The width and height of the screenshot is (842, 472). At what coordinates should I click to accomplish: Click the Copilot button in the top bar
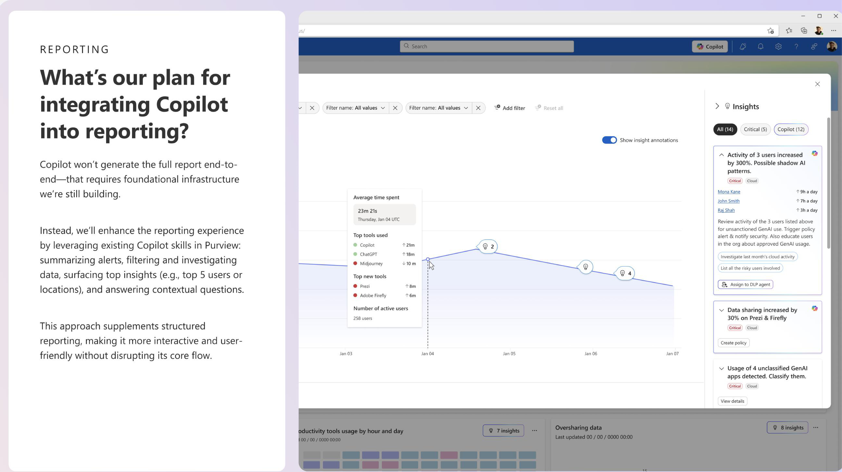[x=710, y=46]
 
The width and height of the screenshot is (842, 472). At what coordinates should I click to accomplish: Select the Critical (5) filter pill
[x=755, y=129]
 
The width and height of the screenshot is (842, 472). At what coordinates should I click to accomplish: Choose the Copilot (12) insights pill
[x=791, y=129]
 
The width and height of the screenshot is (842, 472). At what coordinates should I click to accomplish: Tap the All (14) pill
[x=725, y=129]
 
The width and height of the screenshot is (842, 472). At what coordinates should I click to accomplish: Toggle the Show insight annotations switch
[x=609, y=140]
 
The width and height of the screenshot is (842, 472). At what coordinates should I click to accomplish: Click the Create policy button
[x=733, y=343]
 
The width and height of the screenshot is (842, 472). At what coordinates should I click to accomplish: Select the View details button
[x=732, y=401]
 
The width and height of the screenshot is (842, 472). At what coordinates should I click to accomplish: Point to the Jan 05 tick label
[x=509, y=354]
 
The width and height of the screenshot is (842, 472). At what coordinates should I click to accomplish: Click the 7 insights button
[x=503, y=431]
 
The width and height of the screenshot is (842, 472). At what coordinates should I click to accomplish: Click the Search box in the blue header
[x=487, y=46]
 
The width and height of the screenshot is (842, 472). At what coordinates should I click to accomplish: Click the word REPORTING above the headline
[x=75, y=49]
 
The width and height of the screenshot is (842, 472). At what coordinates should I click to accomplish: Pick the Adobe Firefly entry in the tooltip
[x=373, y=296]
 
